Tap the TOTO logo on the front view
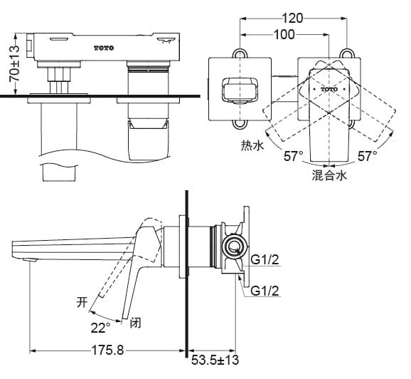(x=104, y=47)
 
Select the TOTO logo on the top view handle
(x=329, y=89)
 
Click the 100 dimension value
(x=284, y=34)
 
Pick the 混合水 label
(x=329, y=175)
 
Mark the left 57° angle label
(x=293, y=155)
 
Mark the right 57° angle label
(x=368, y=155)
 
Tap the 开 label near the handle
(x=82, y=302)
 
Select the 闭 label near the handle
(x=136, y=322)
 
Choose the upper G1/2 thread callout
(x=264, y=261)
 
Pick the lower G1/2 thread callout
(x=264, y=290)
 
